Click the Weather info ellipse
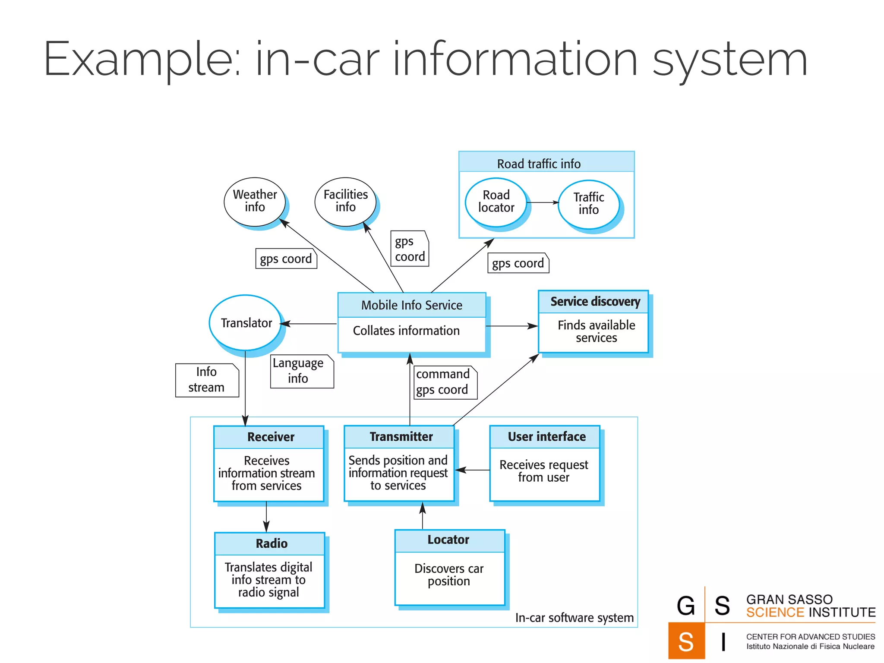(x=255, y=201)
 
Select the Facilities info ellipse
(x=345, y=201)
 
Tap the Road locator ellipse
(x=496, y=202)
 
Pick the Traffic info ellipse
(x=588, y=204)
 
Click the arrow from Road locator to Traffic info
(x=543, y=202)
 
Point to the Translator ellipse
(x=246, y=323)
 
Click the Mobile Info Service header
(x=411, y=305)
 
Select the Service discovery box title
(x=595, y=302)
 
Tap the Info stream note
(x=207, y=380)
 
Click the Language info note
(x=302, y=371)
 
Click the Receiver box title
(x=270, y=437)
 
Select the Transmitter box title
(x=401, y=437)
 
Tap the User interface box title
(x=546, y=437)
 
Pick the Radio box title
(x=271, y=543)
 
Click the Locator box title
(x=448, y=540)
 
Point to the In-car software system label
(x=574, y=618)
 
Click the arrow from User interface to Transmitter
(x=473, y=470)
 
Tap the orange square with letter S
(x=686, y=641)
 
